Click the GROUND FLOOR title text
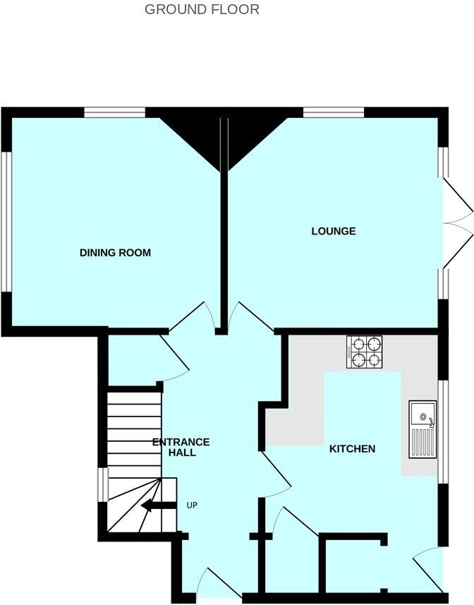(x=202, y=10)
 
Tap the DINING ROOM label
(x=115, y=253)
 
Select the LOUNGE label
(x=334, y=232)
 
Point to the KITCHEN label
(x=352, y=449)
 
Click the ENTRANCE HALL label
(x=181, y=448)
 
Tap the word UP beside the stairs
(x=192, y=505)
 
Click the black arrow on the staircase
(x=157, y=505)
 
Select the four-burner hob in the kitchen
(x=364, y=352)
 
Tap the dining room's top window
(x=114, y=112)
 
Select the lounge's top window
(x=334, y=112)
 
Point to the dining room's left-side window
(x=6, y=221)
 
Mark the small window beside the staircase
(x=103, y=485)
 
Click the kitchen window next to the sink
(x=442, y=432)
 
